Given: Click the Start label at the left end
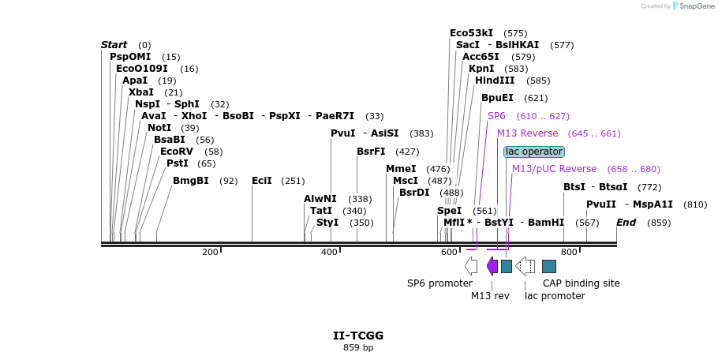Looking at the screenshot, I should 114,45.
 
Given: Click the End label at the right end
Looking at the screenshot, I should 626,223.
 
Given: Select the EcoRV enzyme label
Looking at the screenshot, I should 176,152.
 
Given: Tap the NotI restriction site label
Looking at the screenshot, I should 159,128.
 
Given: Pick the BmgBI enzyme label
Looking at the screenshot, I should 191,181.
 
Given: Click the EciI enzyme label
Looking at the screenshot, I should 262,181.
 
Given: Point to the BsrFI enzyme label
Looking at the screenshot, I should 371,152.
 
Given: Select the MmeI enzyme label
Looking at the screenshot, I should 401,169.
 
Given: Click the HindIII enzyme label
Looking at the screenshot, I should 495,81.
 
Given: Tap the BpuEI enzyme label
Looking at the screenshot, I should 497,98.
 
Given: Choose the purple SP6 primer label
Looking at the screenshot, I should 496,116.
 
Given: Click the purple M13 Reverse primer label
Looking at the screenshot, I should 527,133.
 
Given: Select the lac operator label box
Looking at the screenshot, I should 534,152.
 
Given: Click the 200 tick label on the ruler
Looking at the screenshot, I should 210,253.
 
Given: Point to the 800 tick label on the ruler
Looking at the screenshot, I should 569,253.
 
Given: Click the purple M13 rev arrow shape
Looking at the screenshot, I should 492,266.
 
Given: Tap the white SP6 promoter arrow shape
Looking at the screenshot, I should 471,266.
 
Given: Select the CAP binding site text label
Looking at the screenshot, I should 581,283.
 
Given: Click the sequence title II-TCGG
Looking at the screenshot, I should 358,336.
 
